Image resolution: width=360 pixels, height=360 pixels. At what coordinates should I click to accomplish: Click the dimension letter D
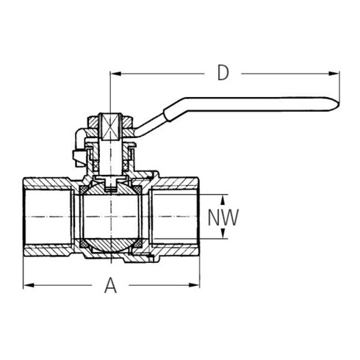click(x=223, y=73)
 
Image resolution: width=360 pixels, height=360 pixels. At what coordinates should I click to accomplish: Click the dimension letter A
click(x=111, y=284)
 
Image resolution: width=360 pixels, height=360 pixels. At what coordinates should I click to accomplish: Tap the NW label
click(x=223, y=217)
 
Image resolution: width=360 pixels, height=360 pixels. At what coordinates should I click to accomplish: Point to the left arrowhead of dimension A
click(x=28, y=284)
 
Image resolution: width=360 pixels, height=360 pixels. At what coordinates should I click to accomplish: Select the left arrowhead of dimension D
click(x=114, y=73)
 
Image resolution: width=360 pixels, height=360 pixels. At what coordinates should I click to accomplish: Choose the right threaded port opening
click(x=180, y=217)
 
